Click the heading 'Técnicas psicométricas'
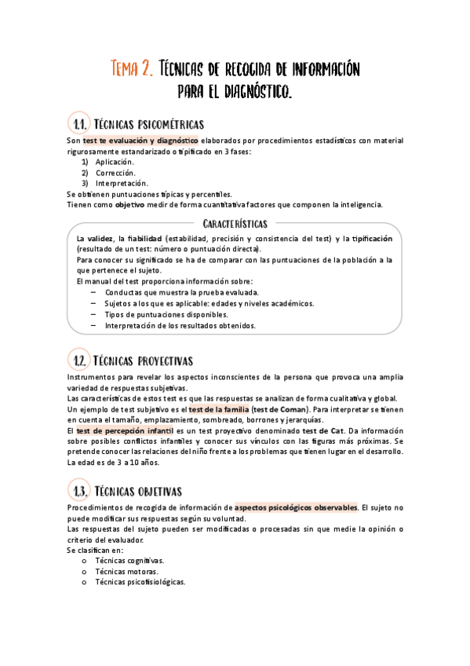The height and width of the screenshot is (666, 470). click(x=149, y=125)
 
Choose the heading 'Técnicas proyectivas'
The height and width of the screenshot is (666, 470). click(x=143, y=361)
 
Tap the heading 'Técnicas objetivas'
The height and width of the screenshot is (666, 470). click(x=137, y=492)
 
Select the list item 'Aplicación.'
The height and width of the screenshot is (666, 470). click(x=114, y=161)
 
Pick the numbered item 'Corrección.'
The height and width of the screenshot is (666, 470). click(x=115, y=172)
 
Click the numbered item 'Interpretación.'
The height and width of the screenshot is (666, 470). click(x=122, y=183)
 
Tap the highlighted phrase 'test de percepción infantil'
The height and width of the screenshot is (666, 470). click(x=124, y=431)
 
